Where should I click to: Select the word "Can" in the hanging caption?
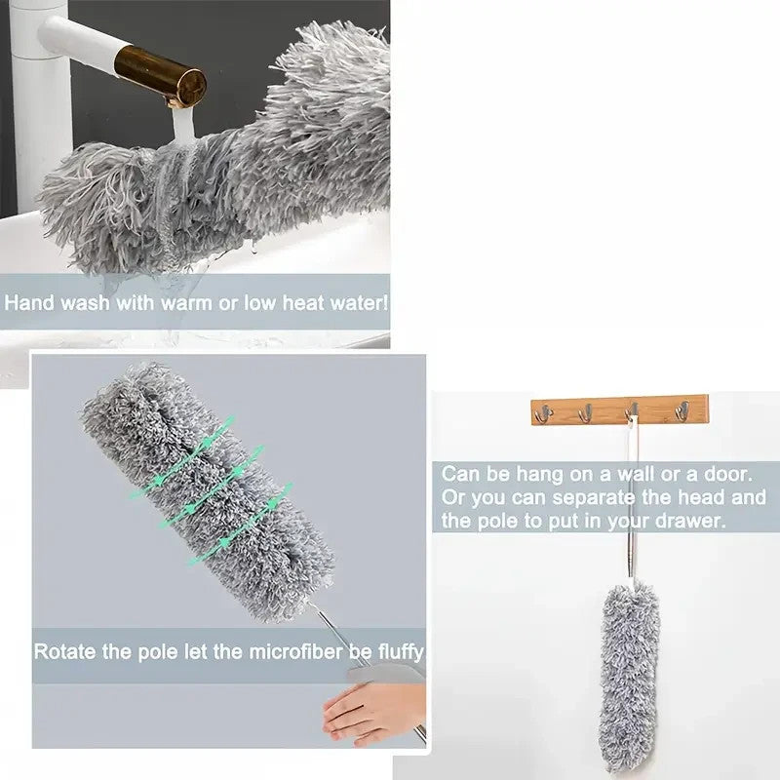459,475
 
